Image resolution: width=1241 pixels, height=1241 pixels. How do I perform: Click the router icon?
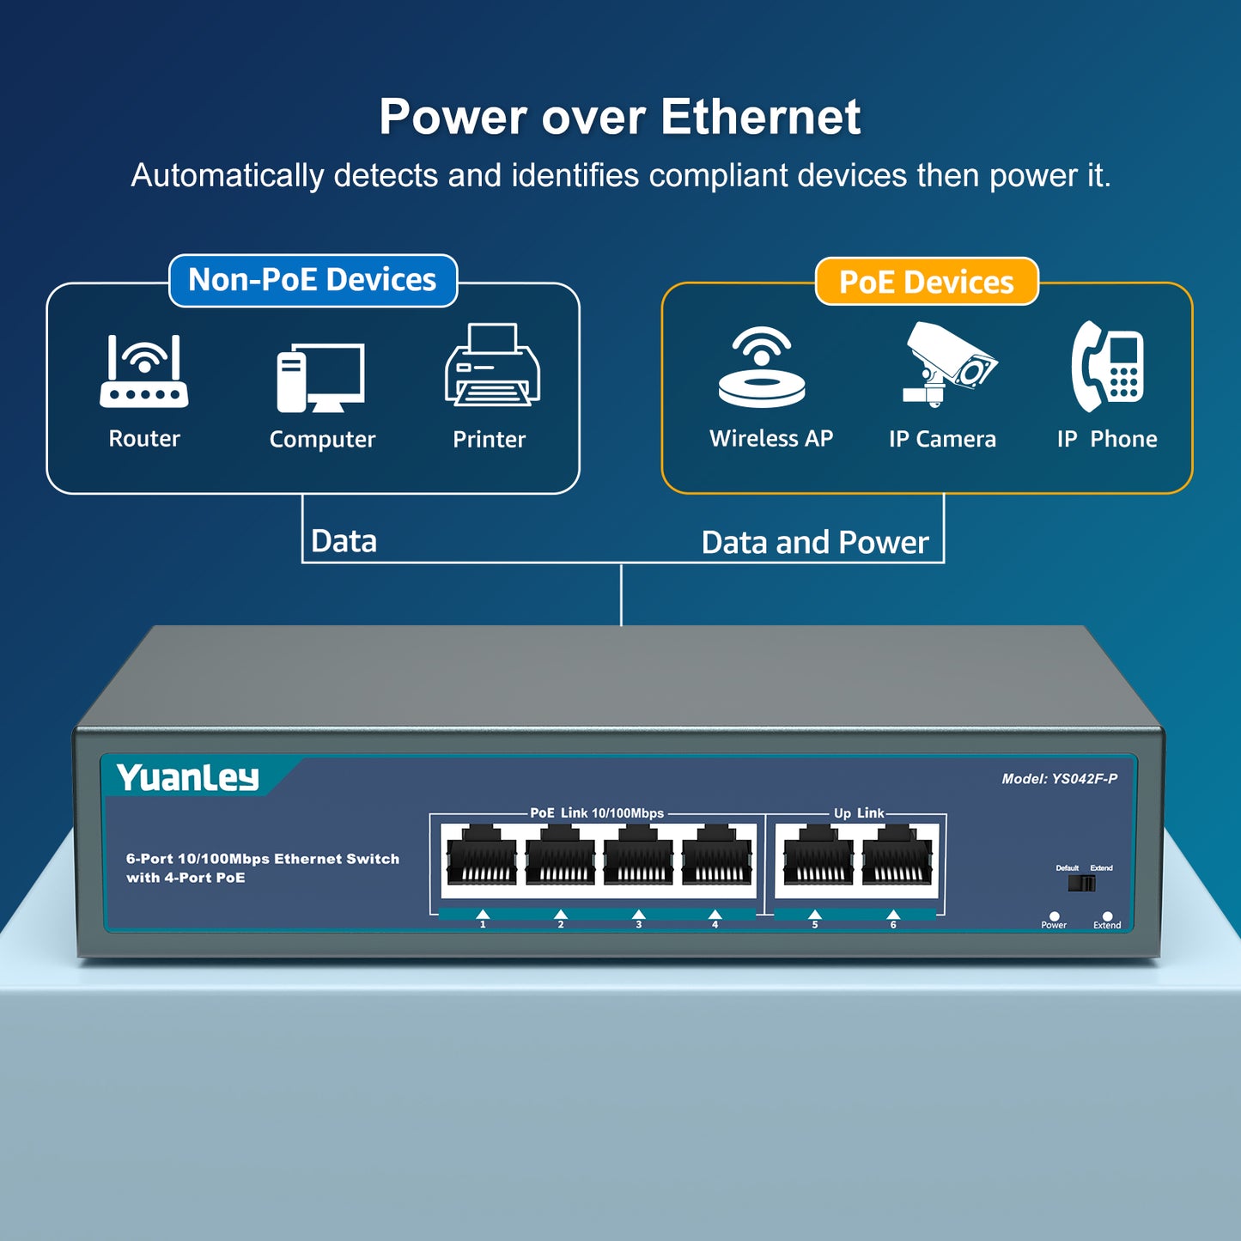pos(144,371)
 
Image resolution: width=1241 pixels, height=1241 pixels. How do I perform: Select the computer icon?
pos(321,378)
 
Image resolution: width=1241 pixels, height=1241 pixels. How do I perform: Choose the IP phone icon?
pos(1108,367)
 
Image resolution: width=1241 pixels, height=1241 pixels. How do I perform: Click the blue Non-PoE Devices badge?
pos(313,280)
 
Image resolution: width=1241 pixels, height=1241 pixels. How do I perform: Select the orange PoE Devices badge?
pos(927,282)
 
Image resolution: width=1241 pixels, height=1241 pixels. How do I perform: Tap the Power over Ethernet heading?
pos(619,117)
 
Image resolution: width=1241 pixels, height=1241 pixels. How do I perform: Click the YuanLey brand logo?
pos(188,777)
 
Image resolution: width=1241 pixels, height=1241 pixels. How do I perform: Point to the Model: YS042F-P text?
pos(1059,779)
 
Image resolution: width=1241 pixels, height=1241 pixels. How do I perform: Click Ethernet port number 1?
pos(482,857)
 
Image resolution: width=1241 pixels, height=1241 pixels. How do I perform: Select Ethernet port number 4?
pos(716,857)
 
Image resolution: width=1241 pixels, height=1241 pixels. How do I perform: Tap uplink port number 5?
pos(818,857)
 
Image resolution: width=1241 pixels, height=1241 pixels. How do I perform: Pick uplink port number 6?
pos(897,857)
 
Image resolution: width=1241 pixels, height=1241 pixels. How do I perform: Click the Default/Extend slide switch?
pos(1081,883)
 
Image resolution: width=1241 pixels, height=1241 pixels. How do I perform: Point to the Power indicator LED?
pos(1054,916)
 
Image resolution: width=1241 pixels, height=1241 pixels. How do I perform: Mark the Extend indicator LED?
pos(1107,916)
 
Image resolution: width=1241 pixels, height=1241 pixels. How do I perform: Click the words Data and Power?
pos(814,543)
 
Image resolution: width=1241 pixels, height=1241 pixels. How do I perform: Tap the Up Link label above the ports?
pos(858,813)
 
